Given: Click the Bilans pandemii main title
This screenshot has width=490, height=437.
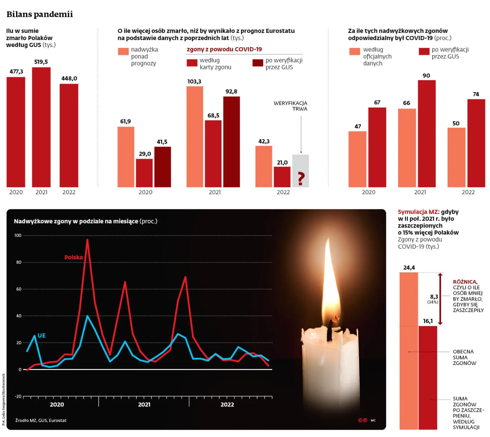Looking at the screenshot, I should pos(40,14).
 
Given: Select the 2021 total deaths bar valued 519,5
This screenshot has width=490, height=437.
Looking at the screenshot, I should pos(41,127).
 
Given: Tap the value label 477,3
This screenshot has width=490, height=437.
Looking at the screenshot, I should pos(16,71).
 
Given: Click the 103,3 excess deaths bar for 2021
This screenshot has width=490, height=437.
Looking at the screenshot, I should pos(195,137).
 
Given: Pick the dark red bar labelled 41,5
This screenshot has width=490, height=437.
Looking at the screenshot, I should pos(162,167).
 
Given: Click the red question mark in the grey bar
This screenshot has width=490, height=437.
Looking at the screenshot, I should pos(301,178).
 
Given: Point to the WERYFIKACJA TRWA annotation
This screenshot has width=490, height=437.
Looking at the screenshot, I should pos(290,106).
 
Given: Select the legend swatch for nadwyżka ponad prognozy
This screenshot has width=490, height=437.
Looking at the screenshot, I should pos(123,51).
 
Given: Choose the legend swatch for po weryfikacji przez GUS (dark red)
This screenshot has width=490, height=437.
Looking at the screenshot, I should pos(258,63).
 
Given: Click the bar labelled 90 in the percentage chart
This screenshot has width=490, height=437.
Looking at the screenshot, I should pos(427,134).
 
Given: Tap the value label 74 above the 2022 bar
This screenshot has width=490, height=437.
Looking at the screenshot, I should pos(476,94).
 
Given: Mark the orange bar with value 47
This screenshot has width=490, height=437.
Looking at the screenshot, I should pos(357,159).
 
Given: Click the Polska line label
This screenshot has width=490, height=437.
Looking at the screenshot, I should pos(73,257).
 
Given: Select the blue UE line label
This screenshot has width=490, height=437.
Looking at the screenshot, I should pos(42,335).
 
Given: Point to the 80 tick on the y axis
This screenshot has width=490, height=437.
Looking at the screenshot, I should pos(19,262).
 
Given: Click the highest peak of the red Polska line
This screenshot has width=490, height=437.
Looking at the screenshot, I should pos(87,240).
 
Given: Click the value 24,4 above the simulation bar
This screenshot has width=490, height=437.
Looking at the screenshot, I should pos(409,268).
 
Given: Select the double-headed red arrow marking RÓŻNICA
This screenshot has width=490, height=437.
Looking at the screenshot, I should pos(440,299).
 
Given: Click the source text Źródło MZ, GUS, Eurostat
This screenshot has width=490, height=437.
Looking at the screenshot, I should pos(41,420).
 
